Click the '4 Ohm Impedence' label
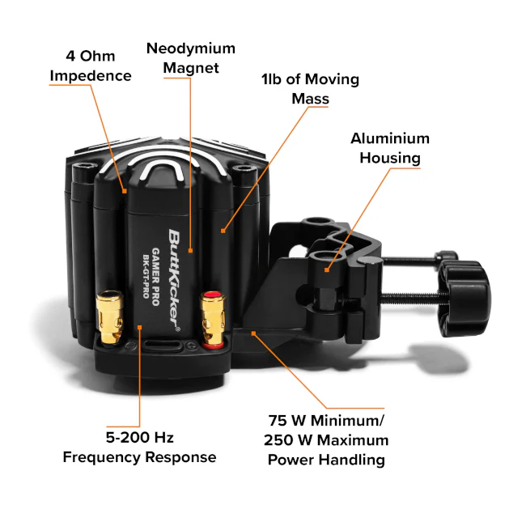(91, 66)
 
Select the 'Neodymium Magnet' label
(191, 57)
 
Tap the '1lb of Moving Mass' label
(310, 89)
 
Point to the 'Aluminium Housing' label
(390, 148)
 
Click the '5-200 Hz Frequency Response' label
(139, 448)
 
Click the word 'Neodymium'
(191, 49)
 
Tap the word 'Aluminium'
(390, 138)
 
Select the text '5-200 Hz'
(139, 438)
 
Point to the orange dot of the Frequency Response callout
(139, 328)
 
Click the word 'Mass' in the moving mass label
(310, 98)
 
